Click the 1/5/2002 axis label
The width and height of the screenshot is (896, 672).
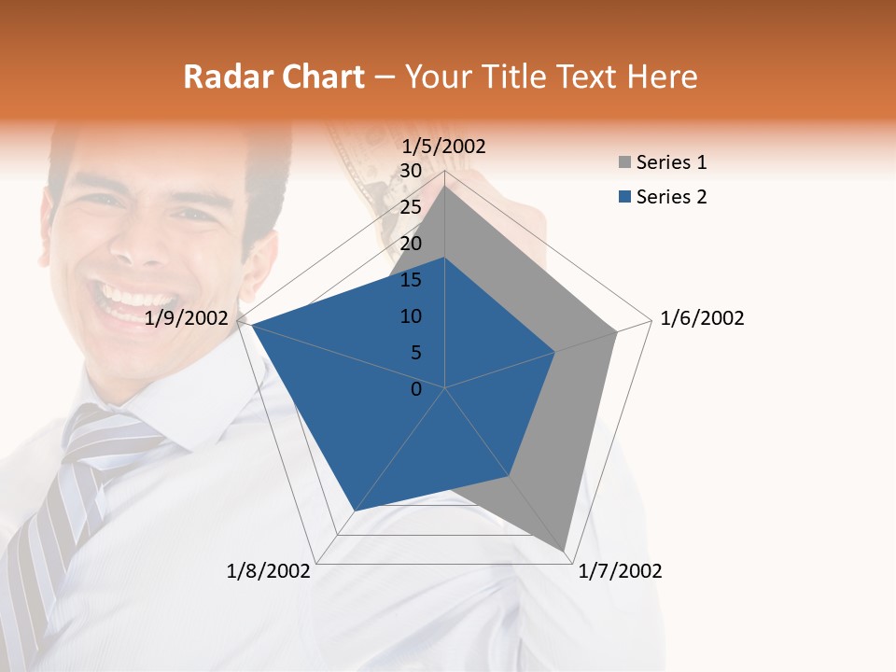pos(444,147)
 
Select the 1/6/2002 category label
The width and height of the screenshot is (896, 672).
pos(702,318)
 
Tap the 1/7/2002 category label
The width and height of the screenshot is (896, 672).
pos(620,571)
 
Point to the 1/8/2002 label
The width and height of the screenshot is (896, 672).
pos(269,571)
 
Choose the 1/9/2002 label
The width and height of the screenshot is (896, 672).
pos(187,318)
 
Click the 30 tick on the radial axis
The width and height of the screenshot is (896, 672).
pos(411,171)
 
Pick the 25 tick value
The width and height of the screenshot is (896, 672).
pos(411,207)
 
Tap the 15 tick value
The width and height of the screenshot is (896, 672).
pos(411,280)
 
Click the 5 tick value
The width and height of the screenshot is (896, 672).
pos(415,353)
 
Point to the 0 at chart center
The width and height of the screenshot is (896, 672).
pos(416,389)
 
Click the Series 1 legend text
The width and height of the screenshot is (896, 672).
pos(671,163)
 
